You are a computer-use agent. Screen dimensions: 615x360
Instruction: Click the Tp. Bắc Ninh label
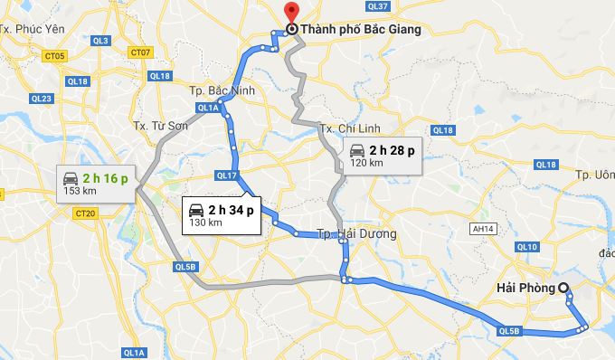coord(222,91)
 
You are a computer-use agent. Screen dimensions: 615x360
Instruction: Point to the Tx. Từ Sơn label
coord(160,126)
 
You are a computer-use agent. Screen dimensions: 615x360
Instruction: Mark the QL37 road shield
coord(378,6)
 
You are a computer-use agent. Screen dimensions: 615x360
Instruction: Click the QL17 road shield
coord(226,175)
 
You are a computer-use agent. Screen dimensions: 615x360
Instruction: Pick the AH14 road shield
coord(482,230)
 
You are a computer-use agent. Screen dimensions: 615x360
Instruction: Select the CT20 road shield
coord(86,213)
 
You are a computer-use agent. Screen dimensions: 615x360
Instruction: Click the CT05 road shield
coord(55,56)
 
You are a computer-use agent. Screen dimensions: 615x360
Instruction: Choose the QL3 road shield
coord(100,41)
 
